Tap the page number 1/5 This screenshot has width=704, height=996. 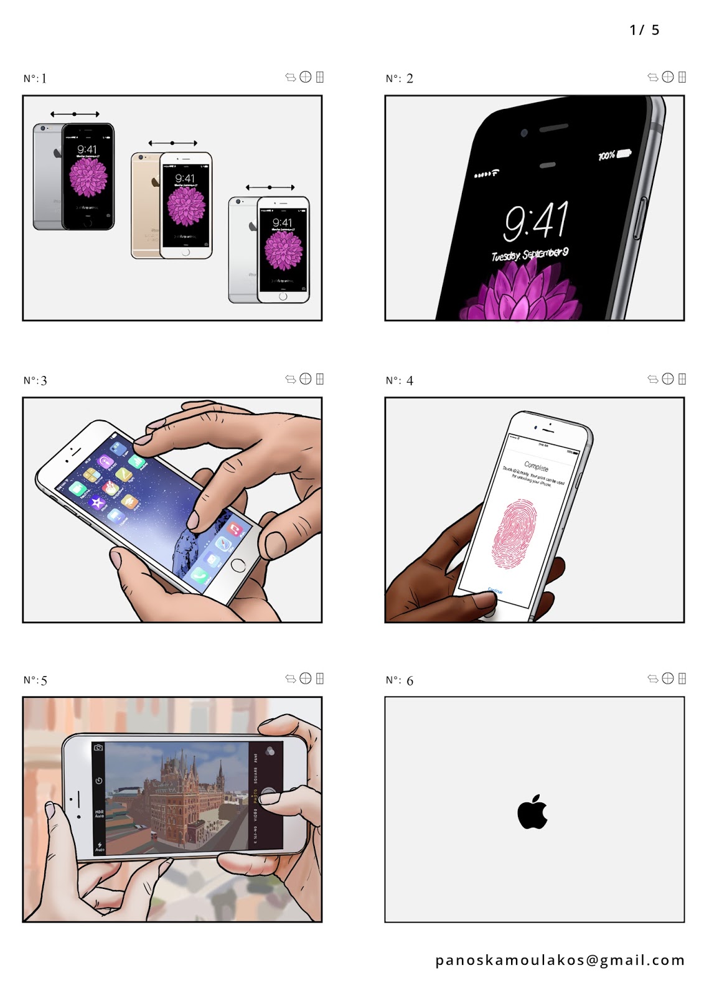click(x=644, y=30)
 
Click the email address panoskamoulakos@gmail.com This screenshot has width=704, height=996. click(x=560, y=961)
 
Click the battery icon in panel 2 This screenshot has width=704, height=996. click(x=623, y=153)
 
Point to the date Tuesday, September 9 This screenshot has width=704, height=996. click(x=529, y=255)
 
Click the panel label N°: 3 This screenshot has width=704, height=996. click(x=35, y=380)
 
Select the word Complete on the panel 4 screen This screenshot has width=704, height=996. click(x=536, y=466)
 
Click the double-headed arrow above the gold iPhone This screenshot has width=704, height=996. click(x=172, y=143)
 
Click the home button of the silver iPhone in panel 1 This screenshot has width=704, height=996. click(x=283, y=296)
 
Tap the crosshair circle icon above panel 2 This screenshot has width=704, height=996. click(x=668, y=77)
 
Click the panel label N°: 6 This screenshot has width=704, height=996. click(x=399, y=680)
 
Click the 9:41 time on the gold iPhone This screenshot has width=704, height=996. click(x=185, y=179)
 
